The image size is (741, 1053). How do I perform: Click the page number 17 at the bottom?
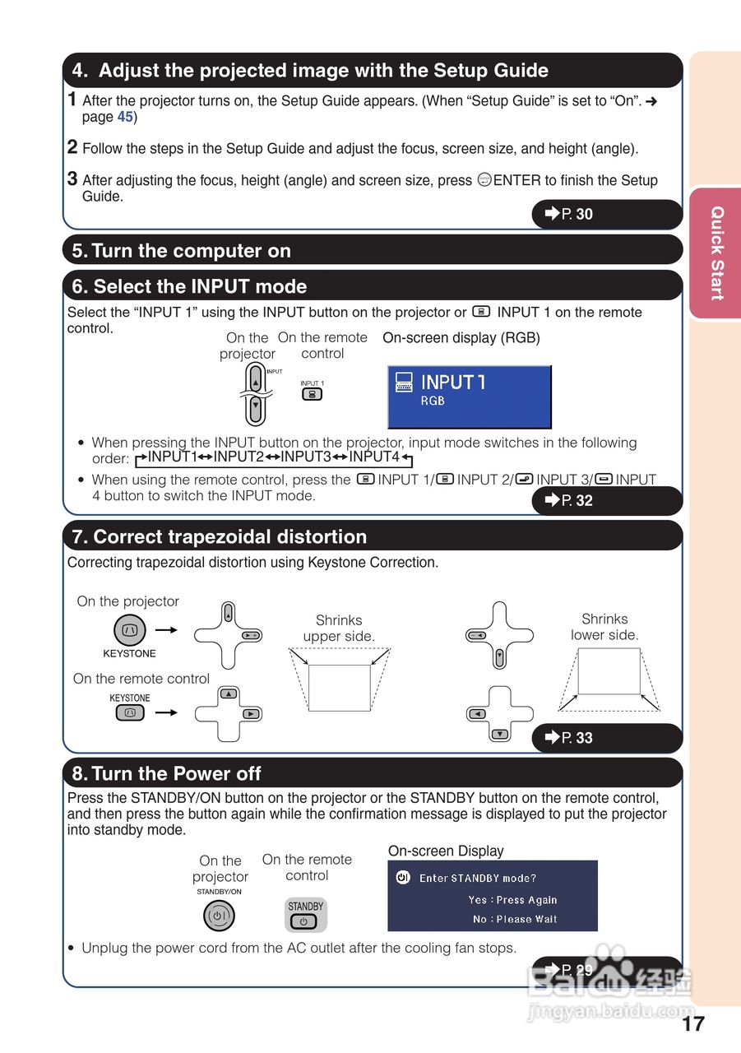pyautogui.click(x=692, y=1023)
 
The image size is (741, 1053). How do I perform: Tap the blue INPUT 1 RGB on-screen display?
pyautogui.click(x=469, y=397)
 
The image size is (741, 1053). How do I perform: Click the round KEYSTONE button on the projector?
pyautogui.click(x=130, y=631)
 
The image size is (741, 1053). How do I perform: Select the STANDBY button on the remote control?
pyautogui.click(x=303, y=921)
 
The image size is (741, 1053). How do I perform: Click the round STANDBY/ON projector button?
pyautogui.click(x=219, y=916)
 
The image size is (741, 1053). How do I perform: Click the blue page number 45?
pyautogui.click(x=125, y=117)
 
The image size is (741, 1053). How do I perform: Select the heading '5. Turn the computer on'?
pyautogui.click(x=182, y=251)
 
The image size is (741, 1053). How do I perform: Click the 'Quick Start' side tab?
pyautogui.click(x=716, y=253)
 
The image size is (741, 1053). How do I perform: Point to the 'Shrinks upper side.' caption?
pyautogui.click(x=339, y=629)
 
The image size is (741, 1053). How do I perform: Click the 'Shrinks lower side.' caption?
pyautogui.click(x=604, y=627)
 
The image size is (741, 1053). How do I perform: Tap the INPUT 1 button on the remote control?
pyautogui.click(x=312, y=394)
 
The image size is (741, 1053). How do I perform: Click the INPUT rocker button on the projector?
pyautogui.click(x=255, y=393)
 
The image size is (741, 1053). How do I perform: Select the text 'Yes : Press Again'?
pyautogui.click(x=512, y=900)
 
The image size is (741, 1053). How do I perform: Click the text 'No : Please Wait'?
pyautogui.click(x=514, y=919)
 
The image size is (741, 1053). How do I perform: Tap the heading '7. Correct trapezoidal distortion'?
pyautogui.click(x=220, y=537)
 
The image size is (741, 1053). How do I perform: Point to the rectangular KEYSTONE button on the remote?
pyautogui.click(x=130, y=713)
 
